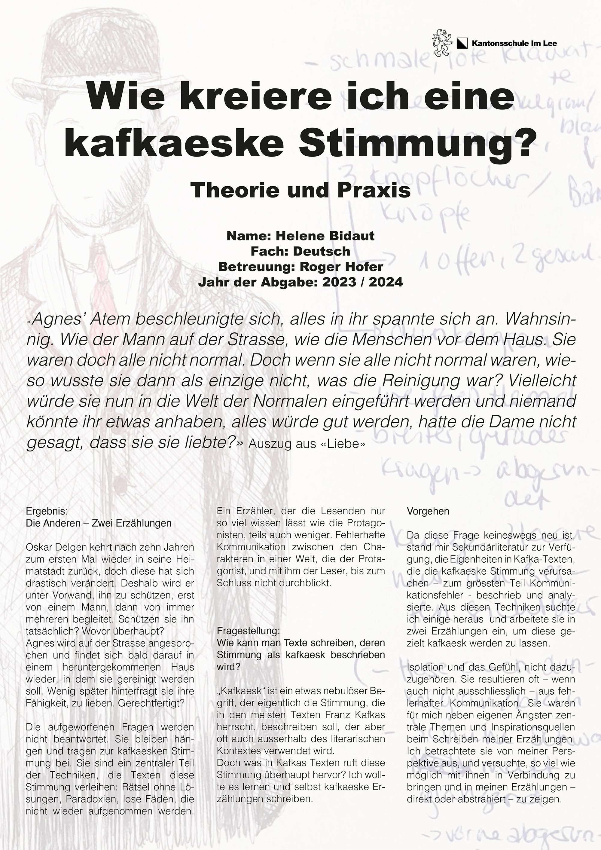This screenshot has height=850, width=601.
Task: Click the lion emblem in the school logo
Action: [442, 43]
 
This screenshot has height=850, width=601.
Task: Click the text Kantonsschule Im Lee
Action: [514, 44]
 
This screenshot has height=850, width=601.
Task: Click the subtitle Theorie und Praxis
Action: [300, 190]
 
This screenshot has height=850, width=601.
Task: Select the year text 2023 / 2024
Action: [362, 282]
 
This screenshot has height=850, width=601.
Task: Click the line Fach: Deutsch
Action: [300, 251]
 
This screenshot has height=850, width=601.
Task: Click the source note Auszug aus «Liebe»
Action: [307, 444]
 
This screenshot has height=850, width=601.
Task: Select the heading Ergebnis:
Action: [47, 511]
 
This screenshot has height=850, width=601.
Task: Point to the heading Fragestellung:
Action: [248, 630]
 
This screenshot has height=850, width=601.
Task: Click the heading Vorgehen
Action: [428, 511]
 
